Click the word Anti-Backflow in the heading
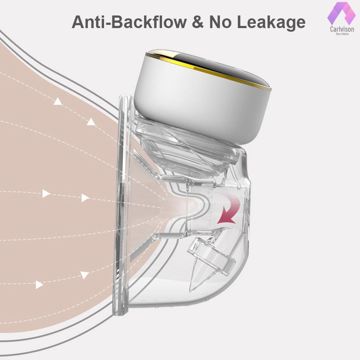click(129, 22)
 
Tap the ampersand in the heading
click(198, 22)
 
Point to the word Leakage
click(271, 23)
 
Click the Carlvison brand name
click(342, 29)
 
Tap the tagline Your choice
click(342, 34)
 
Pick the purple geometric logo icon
click(341, 14)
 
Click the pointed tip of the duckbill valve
click(190, 291)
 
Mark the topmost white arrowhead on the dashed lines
click(58, 101)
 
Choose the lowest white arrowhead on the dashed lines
click(39, 285)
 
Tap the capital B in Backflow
click(118, 22)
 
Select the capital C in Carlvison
click(332, 29)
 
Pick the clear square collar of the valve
click(211, 255)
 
